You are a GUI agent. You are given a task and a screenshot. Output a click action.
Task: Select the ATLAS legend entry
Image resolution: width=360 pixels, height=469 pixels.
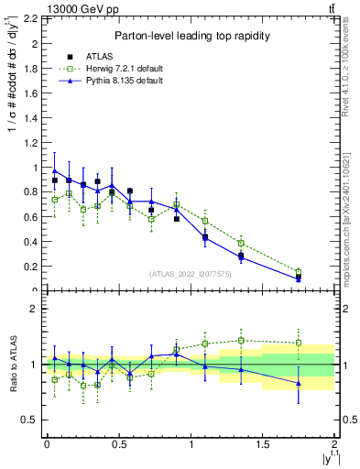pos(120,56)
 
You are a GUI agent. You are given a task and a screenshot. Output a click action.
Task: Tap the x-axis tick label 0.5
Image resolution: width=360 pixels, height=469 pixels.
pos(118,444)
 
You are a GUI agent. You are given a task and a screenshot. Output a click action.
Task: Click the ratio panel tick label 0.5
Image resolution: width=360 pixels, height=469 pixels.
pos(32,420)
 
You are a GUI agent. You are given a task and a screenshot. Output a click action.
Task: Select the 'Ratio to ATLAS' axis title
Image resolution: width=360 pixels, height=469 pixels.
pos(11,363)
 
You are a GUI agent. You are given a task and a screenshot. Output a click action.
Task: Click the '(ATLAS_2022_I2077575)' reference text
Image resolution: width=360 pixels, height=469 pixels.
pos(191,274)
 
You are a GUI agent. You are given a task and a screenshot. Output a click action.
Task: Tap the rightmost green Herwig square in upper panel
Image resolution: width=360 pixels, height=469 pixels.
pos(299,271)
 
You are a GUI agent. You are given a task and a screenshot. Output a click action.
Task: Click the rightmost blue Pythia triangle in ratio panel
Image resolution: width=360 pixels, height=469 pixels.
pos(299,383)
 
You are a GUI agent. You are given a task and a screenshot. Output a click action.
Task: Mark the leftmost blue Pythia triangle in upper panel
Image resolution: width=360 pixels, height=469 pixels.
pos(55,170)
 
